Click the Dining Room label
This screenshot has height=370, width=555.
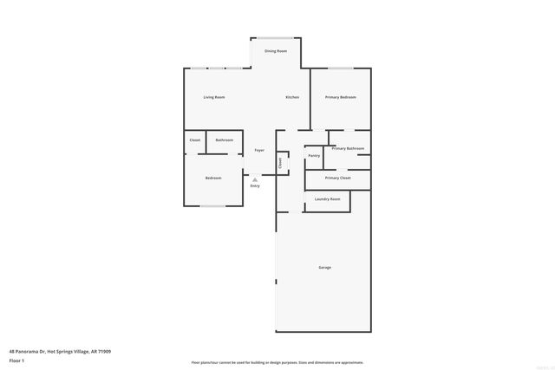(276, 51)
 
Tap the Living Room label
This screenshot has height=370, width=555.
(214, 97)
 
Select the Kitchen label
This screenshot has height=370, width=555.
(292, 97)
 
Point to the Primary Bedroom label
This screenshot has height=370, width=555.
(341, 97)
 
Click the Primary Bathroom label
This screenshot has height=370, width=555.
(348, 148)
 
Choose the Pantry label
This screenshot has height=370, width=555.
(314, 155)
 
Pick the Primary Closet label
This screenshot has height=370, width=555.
(338, 178)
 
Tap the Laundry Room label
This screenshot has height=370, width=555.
(328, 198)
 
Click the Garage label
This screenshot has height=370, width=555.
(324, 267)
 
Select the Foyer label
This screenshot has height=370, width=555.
(258, 149)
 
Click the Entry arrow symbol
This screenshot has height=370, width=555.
(255, 179)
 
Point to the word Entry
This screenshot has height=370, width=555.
(255, 186)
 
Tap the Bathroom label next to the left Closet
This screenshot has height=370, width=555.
(225, 140)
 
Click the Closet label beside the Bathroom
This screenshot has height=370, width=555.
(195, 140)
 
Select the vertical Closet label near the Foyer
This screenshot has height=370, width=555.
(280, 162)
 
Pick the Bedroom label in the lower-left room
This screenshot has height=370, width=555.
(213, 178)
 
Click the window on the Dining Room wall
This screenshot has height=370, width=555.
(276, 38)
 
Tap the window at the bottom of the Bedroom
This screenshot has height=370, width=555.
(212, 206)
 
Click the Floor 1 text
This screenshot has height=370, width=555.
(16, 360)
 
